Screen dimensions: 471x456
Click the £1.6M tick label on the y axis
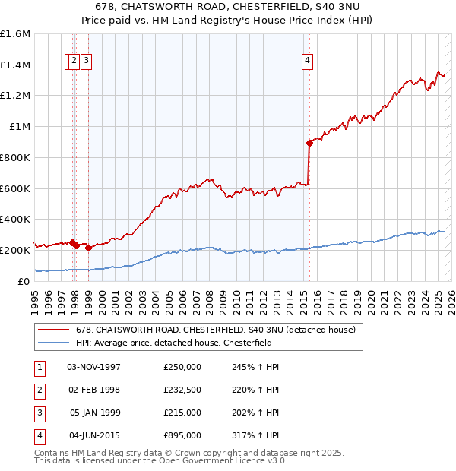click(15, 34)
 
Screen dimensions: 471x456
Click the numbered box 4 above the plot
click(307, 62)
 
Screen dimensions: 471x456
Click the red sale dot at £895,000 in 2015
click(309, 142)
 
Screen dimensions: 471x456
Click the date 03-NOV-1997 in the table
click(94, 367)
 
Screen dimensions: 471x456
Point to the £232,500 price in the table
click(182, 390)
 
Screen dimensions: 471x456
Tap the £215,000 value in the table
click(182, 413)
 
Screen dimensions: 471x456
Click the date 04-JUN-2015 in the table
click(94, 435)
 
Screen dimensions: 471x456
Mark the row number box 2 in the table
click(39, 390)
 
